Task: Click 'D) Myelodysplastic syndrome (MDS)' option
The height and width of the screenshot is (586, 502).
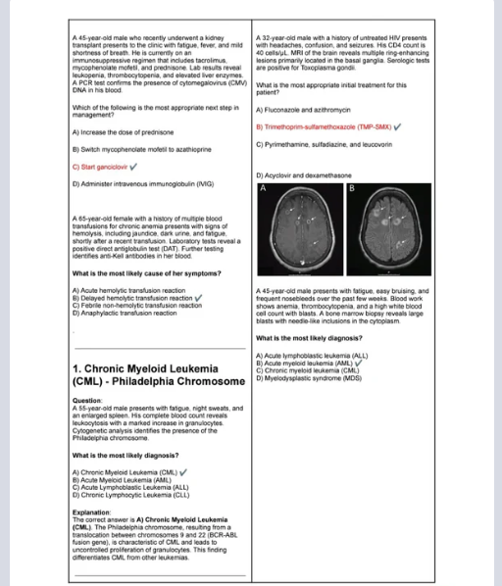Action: point(311,378)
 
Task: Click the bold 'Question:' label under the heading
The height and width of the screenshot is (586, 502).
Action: point(87,401)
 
